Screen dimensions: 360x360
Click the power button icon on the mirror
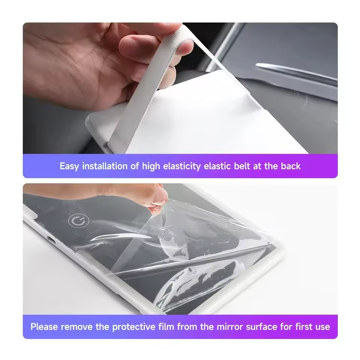(x=76, y=221)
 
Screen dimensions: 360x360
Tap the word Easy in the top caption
(x=69, y=166)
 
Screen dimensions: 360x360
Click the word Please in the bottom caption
(x=45, y=327)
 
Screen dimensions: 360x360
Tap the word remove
(x=77, y=327)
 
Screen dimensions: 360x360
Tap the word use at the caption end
(x=322, y=327)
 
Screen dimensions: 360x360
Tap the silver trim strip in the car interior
(x=296, y=73)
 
